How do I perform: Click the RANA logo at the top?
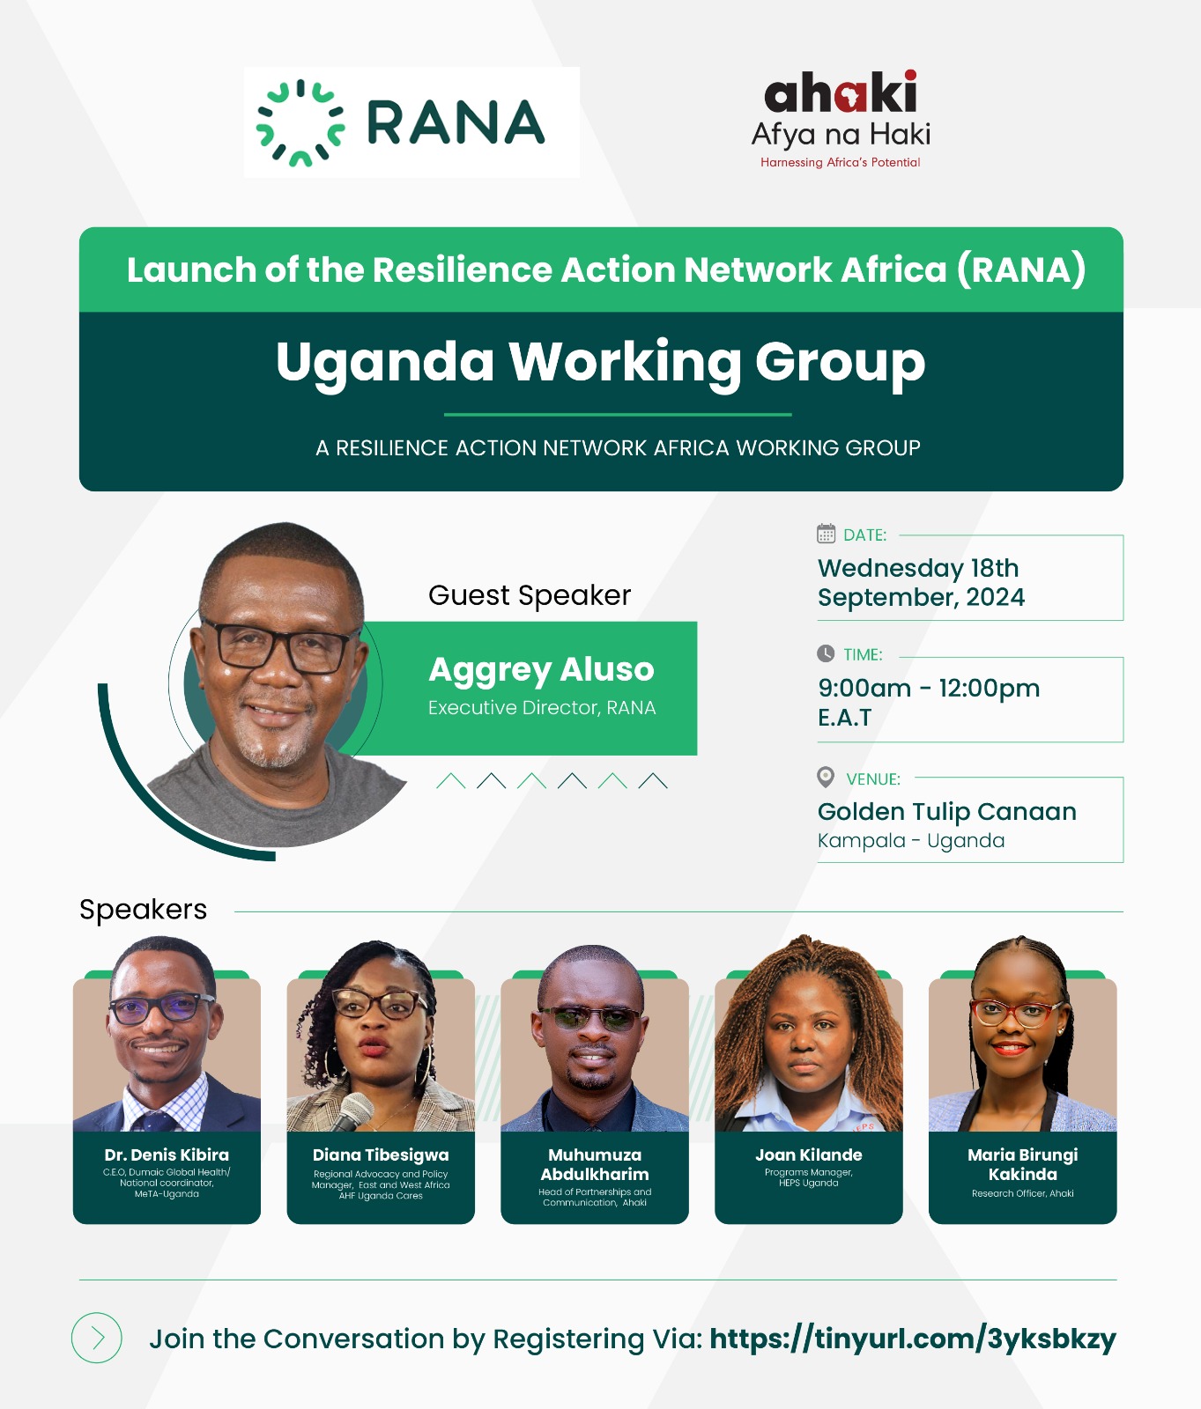(x=401, y=122)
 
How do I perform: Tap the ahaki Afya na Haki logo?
(x=841, y=120)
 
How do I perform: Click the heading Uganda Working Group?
(x=600, y=363)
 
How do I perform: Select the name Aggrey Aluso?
(x=541, y=670)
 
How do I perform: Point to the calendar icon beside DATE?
(x=826, y=534)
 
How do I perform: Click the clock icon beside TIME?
(x=826, y=653)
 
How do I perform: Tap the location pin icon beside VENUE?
(x=826, y=777)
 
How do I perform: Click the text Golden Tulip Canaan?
(x=947, y=812)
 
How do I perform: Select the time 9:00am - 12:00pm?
(x=929, y=688)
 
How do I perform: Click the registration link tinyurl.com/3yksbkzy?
(x=913, y=1339)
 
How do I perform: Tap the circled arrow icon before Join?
(x=97, y=1339)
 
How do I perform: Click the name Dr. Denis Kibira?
(x=167, y=1154)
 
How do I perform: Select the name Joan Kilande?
(x=809, y=1154)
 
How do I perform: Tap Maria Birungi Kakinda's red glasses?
(x=1017, y=1013)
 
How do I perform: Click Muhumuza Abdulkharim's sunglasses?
(x=591, y=1018)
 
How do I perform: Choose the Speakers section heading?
(x=144, y=910)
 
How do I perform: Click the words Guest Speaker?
(x=530, y=596)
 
